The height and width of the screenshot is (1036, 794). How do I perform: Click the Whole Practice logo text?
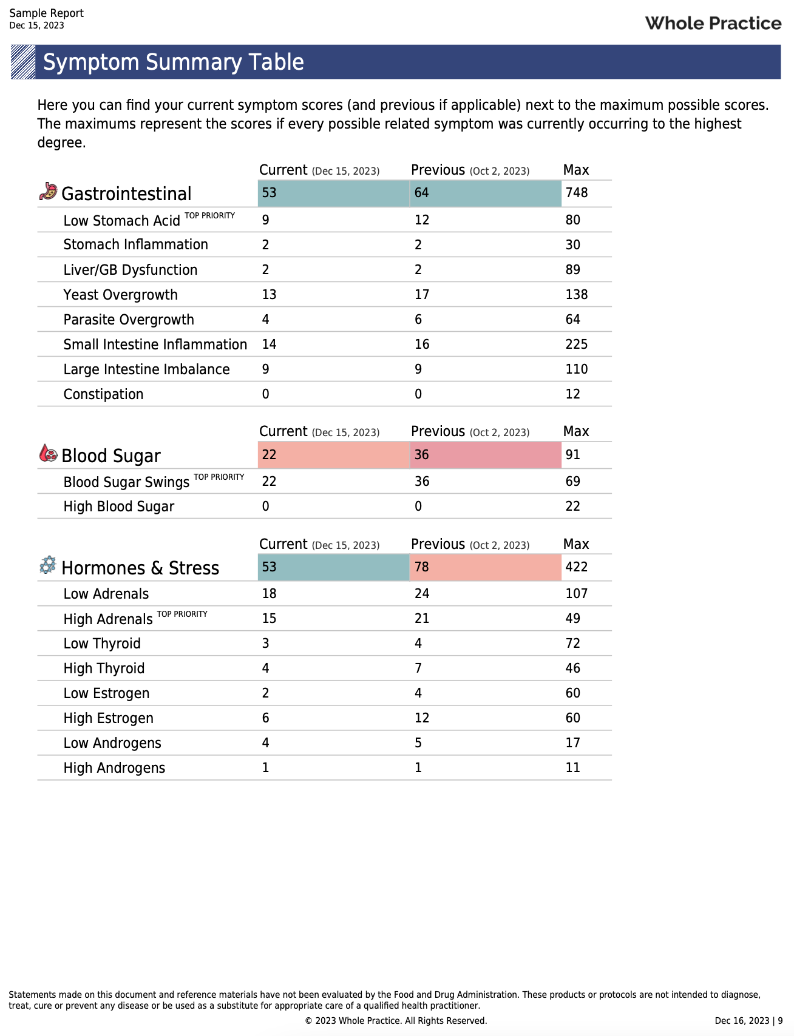click(713, 24)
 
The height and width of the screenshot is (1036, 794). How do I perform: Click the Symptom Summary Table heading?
click(174, 62)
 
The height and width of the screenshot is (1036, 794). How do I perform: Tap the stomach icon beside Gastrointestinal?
click(48, 192)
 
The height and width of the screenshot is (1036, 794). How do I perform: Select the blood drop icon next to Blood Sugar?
click(48, 453)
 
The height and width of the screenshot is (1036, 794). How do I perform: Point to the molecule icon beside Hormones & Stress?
click(48, 565)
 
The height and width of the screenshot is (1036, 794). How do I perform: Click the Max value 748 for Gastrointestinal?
click(576, 193)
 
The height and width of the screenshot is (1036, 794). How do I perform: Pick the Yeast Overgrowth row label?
click(121, 295)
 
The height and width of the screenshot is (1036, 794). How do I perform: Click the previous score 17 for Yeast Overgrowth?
click(422, 295)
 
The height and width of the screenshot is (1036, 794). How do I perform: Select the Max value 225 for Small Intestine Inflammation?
click(576, 345)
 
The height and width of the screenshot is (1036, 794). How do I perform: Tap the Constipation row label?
click(104, 394)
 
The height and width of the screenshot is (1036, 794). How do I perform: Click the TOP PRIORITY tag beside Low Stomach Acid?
click(209, 216)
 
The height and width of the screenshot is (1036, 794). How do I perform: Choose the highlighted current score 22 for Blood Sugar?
click(269, 455)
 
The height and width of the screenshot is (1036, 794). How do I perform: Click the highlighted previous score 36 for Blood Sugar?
click(422, 455)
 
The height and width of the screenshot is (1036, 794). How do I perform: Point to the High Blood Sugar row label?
click(119, 506)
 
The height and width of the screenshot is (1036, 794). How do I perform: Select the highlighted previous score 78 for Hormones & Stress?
click(422, 567)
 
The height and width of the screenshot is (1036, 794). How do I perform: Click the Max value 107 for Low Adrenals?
click(576, 594)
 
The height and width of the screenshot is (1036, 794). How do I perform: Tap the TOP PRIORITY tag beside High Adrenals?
click(182, 614)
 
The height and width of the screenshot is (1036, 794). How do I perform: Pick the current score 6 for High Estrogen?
click(266, 718)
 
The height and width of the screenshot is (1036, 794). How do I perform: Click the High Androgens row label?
click(115, 768)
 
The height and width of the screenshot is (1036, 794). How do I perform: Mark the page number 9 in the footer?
click(780, 1021)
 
